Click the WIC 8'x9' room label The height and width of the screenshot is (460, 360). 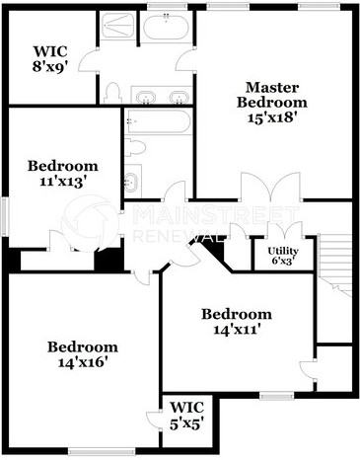tap(49, 59)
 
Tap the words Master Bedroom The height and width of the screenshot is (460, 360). tap(272, 95)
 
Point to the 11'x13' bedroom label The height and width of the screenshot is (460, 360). tap(62, 181)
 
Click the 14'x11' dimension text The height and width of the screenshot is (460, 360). tap(237, 330)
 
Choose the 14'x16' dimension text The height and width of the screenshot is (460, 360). tap(83, 362)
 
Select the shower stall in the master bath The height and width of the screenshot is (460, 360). tap(120, 27)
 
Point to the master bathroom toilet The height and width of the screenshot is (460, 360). tap(112, 93)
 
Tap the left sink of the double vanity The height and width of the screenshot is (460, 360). tap(145, 96)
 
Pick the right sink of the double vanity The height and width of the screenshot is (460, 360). tap(178, 96)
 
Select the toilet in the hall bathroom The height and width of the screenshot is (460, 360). tap(137, 147)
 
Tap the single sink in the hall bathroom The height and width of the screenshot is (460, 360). tap(132, 182)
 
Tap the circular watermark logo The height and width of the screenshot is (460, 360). tap(90, 222)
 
